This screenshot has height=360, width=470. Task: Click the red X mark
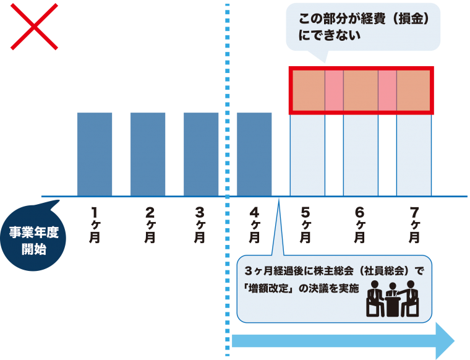34,27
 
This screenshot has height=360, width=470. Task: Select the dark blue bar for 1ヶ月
95,155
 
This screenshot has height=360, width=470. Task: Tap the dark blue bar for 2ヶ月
148,155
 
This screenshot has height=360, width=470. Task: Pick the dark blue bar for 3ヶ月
201,155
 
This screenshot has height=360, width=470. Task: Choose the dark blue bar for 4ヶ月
254,155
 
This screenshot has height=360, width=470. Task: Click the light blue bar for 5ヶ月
307,155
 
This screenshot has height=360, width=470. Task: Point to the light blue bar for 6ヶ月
361,155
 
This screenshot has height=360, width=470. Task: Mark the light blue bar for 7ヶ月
414,155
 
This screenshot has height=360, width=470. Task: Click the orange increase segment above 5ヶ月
309,90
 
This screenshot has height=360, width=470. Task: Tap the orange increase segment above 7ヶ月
413,90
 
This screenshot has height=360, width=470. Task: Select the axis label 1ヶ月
95,225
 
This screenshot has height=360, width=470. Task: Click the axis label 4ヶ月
254,225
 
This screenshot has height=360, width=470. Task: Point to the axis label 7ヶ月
414,225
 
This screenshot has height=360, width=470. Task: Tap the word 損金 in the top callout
410,19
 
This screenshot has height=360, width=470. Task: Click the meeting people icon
392,299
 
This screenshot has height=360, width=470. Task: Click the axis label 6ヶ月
359,225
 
